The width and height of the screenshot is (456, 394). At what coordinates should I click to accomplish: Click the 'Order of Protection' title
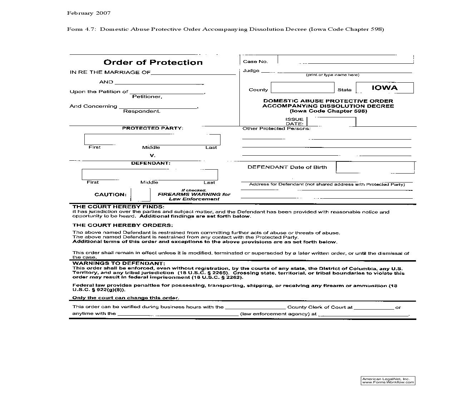coord(153,62)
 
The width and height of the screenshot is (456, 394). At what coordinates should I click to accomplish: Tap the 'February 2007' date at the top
coord(89,13)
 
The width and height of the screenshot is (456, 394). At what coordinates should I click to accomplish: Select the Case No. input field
coord(345,59)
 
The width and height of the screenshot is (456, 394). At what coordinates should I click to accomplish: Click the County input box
coord(302,88)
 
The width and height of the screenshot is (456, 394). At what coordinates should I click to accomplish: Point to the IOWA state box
coord(385,88)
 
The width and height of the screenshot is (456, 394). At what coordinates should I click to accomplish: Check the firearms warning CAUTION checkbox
coord(140,195)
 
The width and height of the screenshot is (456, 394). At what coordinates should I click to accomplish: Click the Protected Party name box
coord(152,139)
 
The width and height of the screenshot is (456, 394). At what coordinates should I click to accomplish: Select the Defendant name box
coord(150,174)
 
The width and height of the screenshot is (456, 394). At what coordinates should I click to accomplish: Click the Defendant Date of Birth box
coord(375,167)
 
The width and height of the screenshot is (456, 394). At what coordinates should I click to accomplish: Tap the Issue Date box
coord(331,122)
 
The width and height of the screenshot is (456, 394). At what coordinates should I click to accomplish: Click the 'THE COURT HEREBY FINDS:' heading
coord(118,206)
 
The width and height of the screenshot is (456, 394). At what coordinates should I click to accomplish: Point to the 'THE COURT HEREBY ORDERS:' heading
coord(123,225)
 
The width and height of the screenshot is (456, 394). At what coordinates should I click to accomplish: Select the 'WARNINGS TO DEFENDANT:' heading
coord(119,263)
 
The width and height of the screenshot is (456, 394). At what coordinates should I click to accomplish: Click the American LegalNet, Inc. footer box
coord(388,380)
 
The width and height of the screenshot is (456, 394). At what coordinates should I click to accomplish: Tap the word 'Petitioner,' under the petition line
coord(147,97)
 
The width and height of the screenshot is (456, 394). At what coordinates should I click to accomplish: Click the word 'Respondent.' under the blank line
coord(142,111)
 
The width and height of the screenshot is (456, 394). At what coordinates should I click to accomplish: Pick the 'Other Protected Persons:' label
coord(276,128)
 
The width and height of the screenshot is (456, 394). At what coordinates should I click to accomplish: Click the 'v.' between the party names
coord(152,155)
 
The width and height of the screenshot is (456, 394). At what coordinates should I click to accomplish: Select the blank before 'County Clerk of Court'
coord(255,307)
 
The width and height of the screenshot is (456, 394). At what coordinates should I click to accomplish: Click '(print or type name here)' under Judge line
coord(332,75)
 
